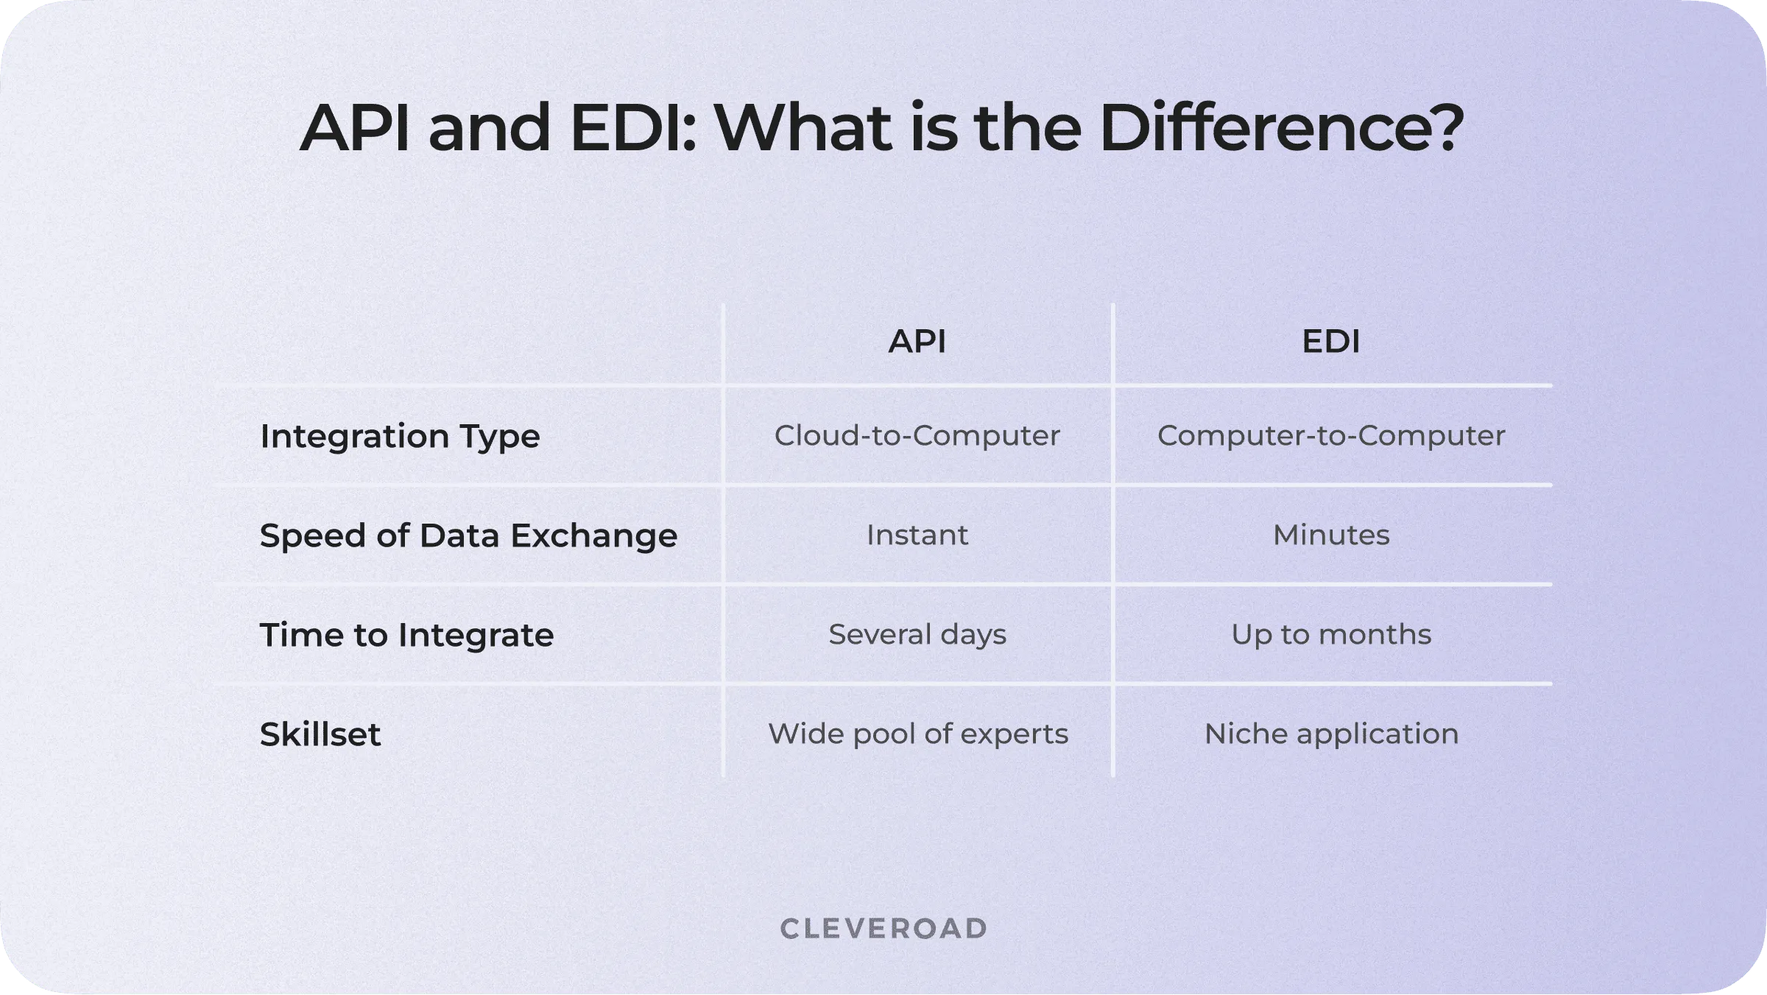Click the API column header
[917, 342]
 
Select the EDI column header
[1330, 342]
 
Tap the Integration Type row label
[400, 436]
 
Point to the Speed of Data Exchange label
[468, 535]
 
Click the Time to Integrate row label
[406, 635]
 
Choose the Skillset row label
[320, 734]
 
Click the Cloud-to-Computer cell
[917, 435]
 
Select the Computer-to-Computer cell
[1331, 435]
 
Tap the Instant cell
[917, 535]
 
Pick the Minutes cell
[1331, 535]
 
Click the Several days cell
[917, 634]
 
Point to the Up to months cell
[1331, 634]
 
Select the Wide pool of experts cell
[918, 734]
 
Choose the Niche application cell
[1331, 734]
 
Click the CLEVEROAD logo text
[883, 929]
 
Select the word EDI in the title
[633, 128]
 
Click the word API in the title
[354, 128]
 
